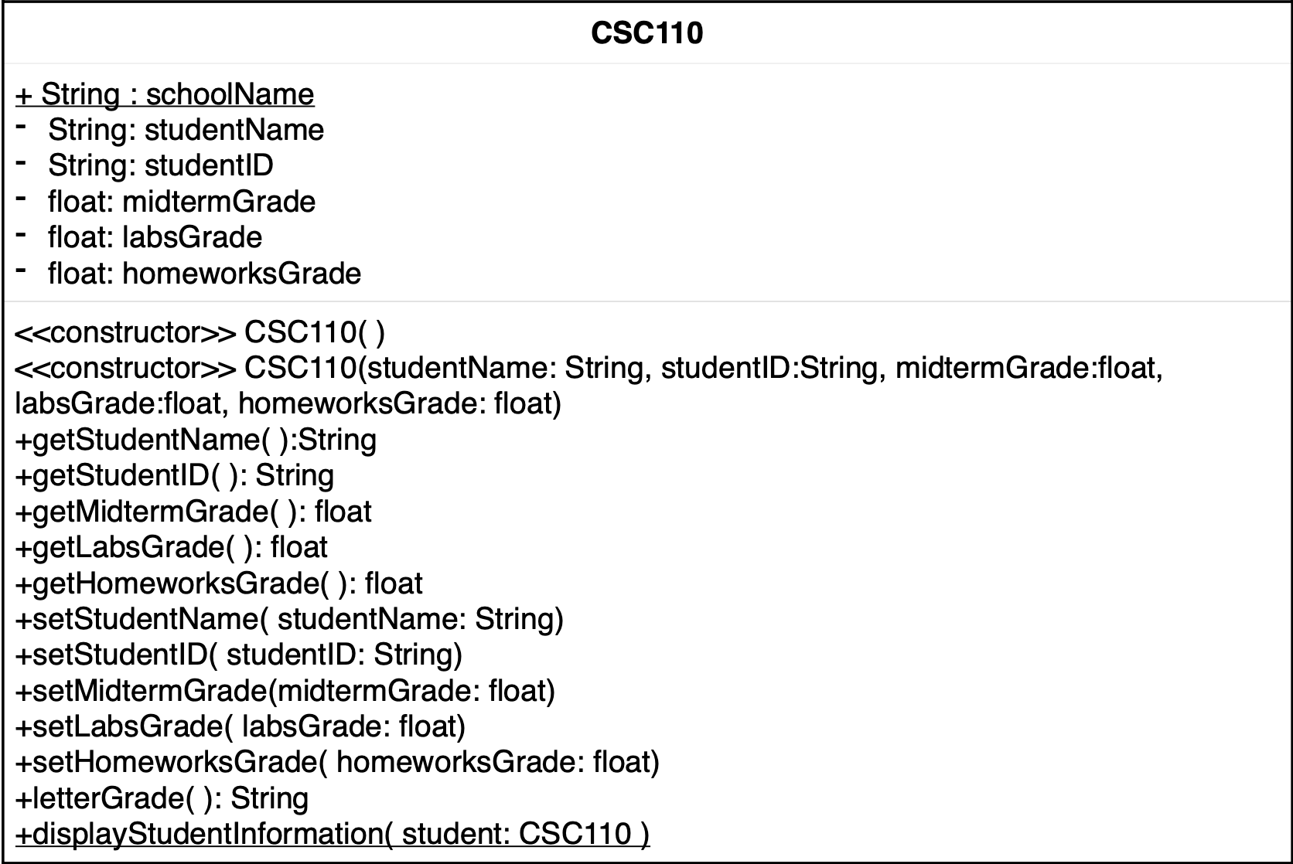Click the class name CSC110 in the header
pos(646,33)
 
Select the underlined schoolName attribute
pos(165,94)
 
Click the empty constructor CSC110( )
pos(200,332)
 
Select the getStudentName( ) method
pos(196,440)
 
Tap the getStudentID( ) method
pos(175,475)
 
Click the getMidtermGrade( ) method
pos(193,512)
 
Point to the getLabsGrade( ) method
pos(172,547)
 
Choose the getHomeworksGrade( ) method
pos(219,583)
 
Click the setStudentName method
pos(289,619)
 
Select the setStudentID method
pos(238,655)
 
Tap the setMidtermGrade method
pos(285,691)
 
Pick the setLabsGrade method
pos(241,726)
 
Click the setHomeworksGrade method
pos(337,763)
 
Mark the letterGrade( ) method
pos(162,798)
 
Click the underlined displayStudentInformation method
pos(333,835)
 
